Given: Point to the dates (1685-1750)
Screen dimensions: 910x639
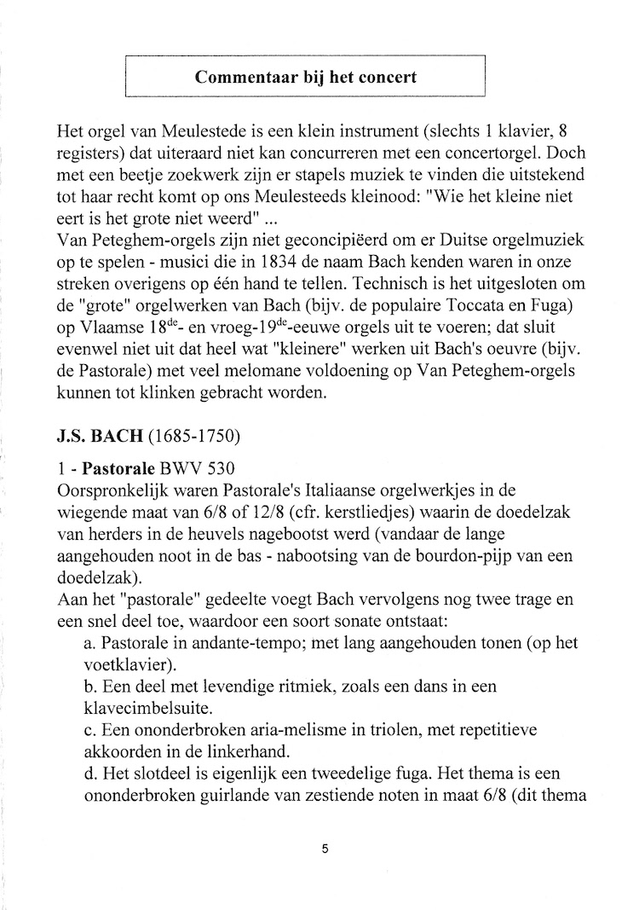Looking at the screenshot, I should click(x=194, y=438).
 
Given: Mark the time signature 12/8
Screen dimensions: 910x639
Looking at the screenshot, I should click(x=254, y=513).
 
